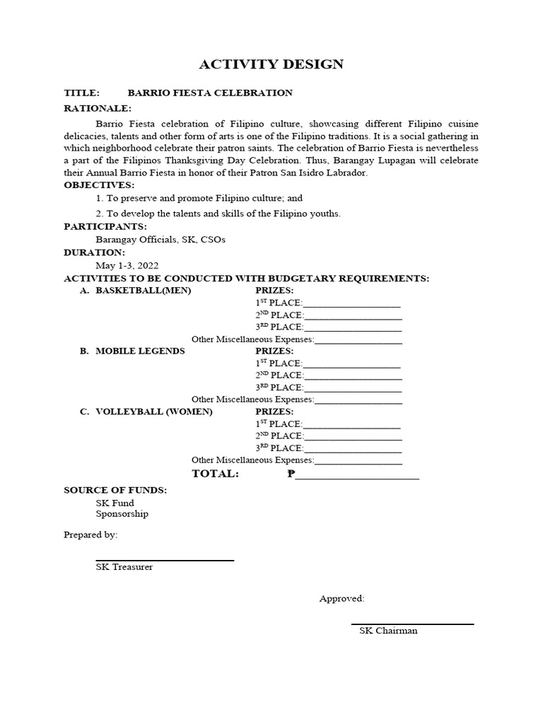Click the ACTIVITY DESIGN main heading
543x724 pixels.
point(271,64)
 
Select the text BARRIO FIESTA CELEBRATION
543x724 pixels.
point(209,93)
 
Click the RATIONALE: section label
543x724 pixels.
point(98,108)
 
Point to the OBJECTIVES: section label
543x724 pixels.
point(99,185)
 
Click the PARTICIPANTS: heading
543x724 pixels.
point(105,226)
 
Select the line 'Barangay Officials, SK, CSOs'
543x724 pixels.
point(160,240)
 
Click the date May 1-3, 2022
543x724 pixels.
point(127,265)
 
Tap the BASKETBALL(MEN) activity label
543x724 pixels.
point(143,291)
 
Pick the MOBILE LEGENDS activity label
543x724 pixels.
point(140,351)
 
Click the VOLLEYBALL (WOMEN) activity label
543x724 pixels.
point(153,411)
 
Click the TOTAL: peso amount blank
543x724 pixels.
point(356,475)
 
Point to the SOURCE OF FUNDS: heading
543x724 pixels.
point(115,490)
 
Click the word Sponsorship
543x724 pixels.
point(122,514)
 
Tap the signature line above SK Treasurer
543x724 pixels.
point(165,560)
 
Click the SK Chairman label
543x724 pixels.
point(388,631)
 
